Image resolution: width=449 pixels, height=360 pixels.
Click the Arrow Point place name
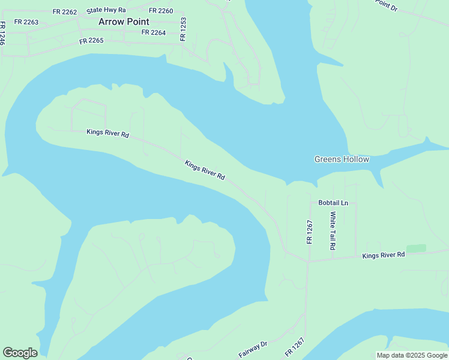point(124,22)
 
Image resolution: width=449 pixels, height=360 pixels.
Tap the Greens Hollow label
point(342,159)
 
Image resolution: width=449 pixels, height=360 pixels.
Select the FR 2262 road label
point(65,11)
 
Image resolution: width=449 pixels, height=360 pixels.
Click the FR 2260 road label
point(161,11)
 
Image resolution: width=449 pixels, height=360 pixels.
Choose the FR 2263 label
point(26,22)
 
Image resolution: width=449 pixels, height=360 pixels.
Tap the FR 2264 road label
point(154,32)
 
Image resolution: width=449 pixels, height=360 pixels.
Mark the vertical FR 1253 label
point(183,29)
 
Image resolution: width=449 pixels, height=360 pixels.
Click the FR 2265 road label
point(92,41)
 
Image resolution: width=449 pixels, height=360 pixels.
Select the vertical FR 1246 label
point(3,34)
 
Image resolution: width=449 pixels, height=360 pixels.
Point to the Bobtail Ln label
point(333,203)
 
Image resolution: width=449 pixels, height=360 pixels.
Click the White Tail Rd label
point(333,230)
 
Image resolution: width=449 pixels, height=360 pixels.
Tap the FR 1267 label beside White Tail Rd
point(310,232)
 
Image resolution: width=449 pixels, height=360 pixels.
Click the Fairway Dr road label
point(253,349)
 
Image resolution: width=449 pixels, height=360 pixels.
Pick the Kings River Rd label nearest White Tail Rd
point(384,256)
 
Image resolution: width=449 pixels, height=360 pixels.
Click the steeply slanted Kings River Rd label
point(205,170)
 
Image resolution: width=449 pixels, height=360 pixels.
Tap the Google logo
point(20,353)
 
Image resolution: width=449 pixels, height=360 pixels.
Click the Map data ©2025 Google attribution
point(412,355)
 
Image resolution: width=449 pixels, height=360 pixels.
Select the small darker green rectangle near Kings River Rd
point(416,248)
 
